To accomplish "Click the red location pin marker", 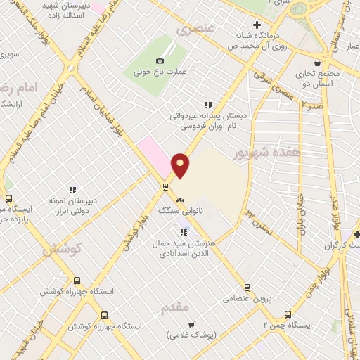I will click(181, 165).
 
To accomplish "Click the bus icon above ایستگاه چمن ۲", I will click(287, 314).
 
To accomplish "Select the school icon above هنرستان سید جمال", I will click(184, 231).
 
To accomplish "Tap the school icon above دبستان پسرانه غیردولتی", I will click(207, 105).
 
